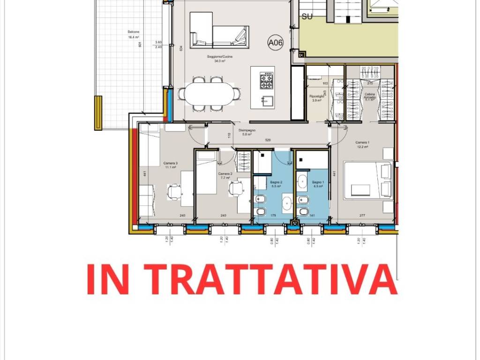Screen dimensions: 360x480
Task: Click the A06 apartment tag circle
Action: point(276,43)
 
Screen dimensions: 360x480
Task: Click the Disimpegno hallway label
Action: point(247,132)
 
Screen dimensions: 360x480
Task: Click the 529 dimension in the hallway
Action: point(268,140)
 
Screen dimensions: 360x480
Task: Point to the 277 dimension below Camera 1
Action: point(362,216)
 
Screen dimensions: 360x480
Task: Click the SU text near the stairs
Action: point(307,17)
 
